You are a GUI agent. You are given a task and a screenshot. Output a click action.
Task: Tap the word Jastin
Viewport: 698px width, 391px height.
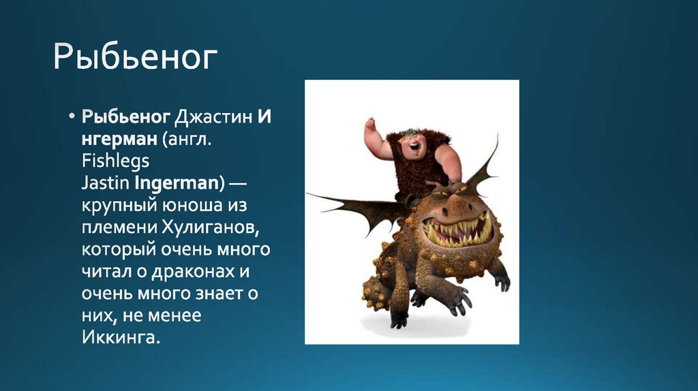(x=106, y=183)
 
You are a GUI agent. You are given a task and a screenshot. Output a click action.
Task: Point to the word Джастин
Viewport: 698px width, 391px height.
(x=213, y=118)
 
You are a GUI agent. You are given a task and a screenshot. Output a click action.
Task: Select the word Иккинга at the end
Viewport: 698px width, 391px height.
(x=119, y=337)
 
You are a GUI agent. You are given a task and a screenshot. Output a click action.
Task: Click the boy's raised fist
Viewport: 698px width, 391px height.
(x=369, y=125)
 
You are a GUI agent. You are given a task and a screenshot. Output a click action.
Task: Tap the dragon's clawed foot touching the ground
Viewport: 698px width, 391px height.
(x=398, y=319)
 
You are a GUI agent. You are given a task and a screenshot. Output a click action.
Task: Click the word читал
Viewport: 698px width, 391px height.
(x=108, y=271)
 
